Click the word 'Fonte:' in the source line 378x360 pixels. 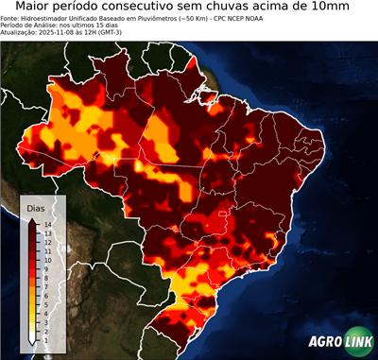(x=11, y=18)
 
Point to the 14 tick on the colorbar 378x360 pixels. (x=46, y=224)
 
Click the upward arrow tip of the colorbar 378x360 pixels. (x=33, y=219)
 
